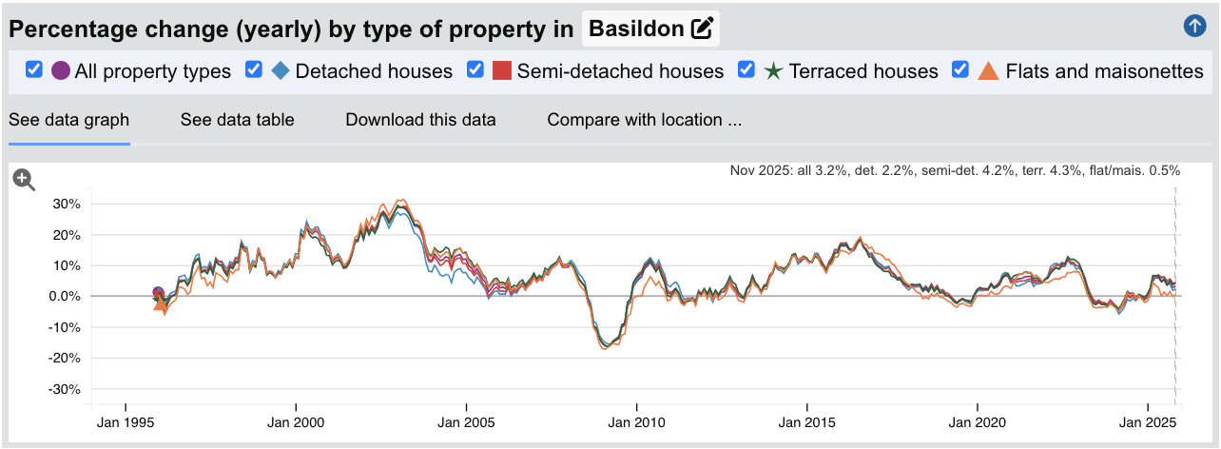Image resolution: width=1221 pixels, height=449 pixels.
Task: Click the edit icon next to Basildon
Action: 702,29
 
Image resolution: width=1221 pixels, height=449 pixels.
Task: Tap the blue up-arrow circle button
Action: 1194,27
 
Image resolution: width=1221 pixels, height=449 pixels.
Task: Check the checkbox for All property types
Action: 34,70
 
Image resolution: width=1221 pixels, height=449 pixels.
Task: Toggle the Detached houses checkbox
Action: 254,70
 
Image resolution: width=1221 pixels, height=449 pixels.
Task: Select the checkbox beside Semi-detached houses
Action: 475,70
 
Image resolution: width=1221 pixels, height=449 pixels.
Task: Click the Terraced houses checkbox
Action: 747,70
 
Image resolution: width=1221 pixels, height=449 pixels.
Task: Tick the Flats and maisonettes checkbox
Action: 960,70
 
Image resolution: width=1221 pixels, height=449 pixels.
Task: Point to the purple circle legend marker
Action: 61,70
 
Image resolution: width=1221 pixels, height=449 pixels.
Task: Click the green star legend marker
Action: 773,71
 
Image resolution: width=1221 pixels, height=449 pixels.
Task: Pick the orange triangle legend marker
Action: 989,71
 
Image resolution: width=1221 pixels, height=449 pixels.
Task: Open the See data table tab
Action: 237,120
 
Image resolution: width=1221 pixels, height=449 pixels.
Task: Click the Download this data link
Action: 420,120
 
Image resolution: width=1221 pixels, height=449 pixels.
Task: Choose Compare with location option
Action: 644,120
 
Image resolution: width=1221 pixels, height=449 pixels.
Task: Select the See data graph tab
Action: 68,120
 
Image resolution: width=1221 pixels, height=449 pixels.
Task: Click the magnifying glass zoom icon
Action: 25,181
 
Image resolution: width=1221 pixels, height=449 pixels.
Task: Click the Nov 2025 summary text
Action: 955,171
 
